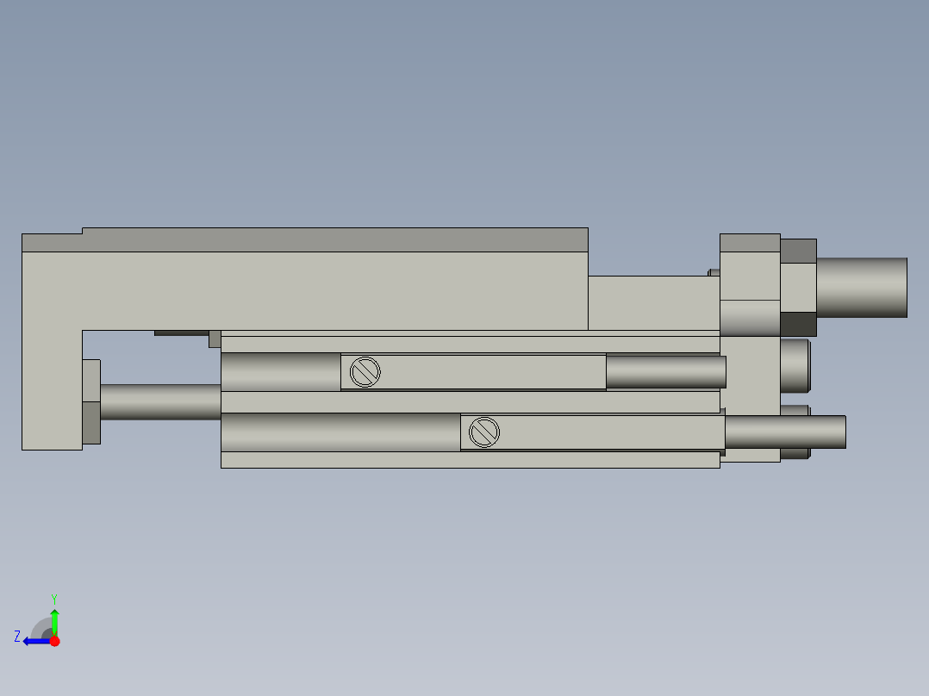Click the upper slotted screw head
[x=365, y=372]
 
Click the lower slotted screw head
[x=484, y=432]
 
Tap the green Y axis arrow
[x=54, y=618]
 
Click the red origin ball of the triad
[x=54, y=641]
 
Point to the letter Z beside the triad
[x=17, y=637]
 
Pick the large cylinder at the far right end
[x=861, y=287]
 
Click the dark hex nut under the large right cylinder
[x=798, y=324]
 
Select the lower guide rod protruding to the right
[x=784, y=432]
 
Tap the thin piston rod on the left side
[x=160, y=401]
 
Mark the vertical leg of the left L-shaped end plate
[x=50, y=388]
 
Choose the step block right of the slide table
[x=653, y=302]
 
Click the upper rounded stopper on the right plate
[x=795, y=363]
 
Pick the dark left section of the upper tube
[x=280, y=372]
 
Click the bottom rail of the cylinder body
[x=470, y=460]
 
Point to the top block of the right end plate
[x=750, y=266]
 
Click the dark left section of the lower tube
[x=340, y=432]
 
